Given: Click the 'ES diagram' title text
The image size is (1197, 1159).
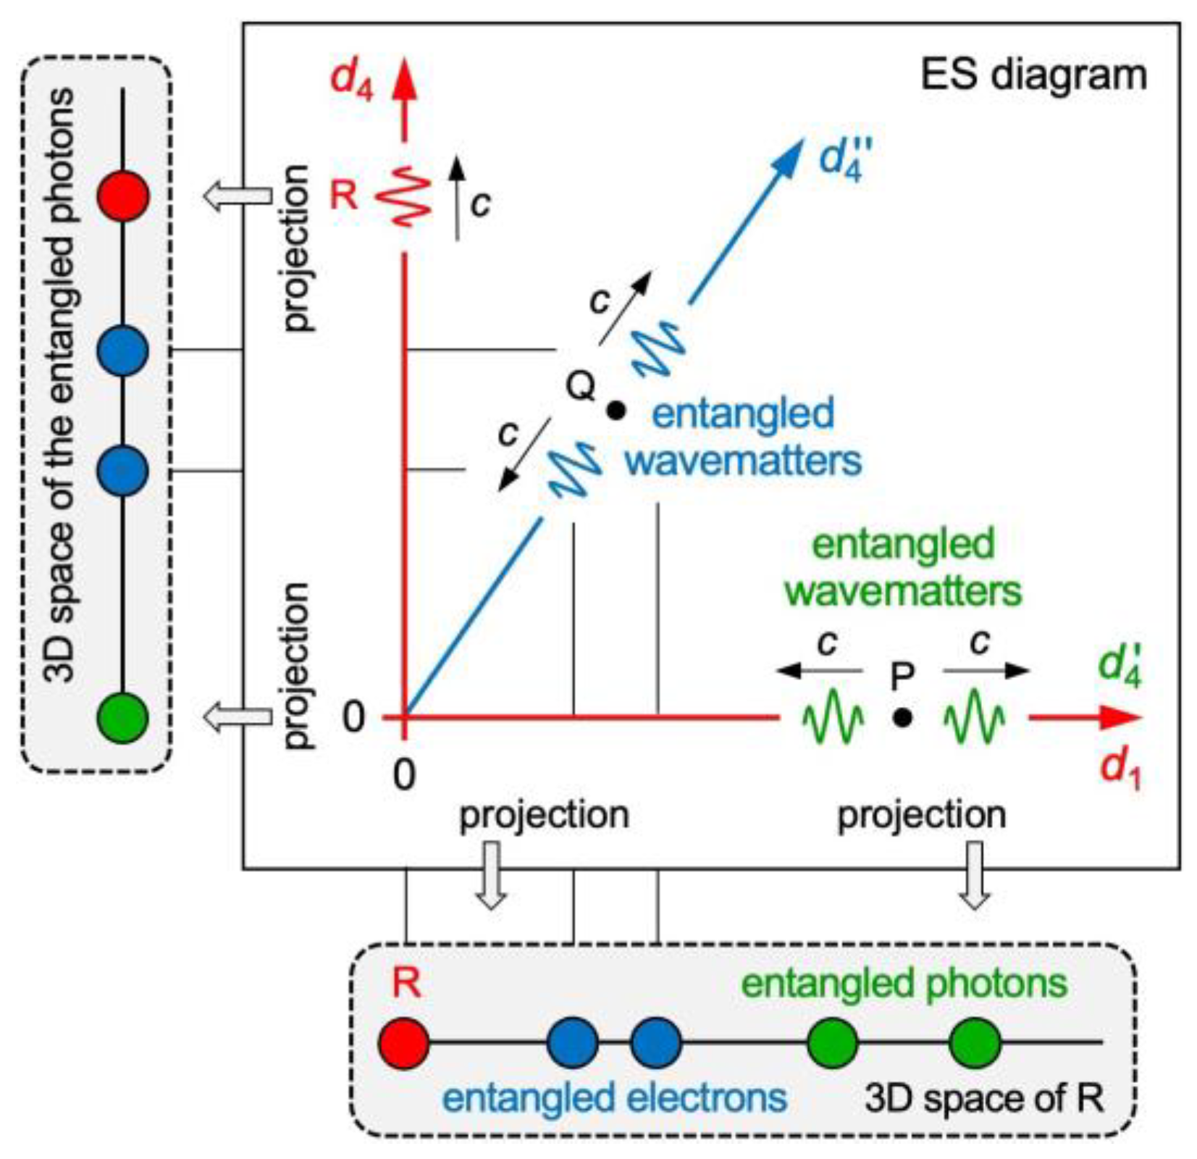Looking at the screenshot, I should click(x=1033, y=74).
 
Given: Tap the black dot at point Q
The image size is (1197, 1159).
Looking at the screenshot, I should click(x=616, y=411).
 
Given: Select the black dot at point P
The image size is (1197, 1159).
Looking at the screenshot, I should click(x=902, y=717).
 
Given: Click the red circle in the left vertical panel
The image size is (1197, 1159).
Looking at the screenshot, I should click(x=123, y=196).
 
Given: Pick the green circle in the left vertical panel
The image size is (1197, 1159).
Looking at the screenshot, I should click(x=123, y=717).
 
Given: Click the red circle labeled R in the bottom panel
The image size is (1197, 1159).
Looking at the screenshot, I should click(x=404, y=1043).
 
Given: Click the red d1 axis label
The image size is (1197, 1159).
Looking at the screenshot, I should click(x=1120, y=768).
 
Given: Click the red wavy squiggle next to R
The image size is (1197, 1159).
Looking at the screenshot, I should click(x=404, y=196).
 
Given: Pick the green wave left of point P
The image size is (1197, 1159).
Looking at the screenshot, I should click(x=833, y=717).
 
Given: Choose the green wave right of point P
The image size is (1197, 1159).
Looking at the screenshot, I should click(x=974, y=717).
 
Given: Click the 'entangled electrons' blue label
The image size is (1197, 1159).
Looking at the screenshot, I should click(x=614, y=1097).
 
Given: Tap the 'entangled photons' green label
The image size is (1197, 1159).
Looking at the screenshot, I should click(x=904, y=984).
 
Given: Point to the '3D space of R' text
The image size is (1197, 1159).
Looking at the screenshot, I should click(x=984, y=1098).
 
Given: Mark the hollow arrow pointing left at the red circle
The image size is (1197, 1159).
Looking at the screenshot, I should click(x=237, y=196).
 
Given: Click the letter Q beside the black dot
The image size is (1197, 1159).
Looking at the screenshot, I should click(x=580, y=386).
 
